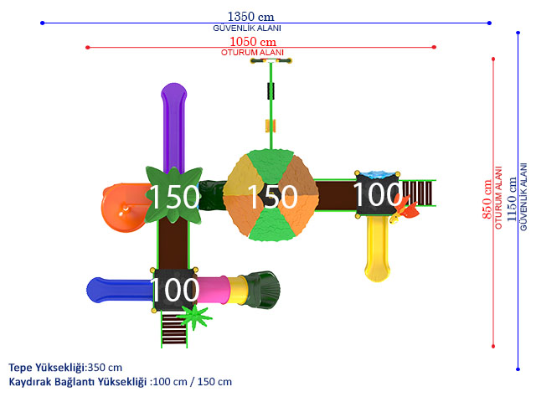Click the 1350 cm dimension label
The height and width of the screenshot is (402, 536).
(x=251, y=17)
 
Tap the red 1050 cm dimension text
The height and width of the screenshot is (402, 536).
(x=253, y=42)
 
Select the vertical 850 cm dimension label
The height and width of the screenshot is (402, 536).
(x=487, y=199)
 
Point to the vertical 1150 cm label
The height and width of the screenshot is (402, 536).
(x=512, y=199)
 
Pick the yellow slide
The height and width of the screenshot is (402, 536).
(x=378, y=248)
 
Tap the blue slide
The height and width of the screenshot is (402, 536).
(x=120, y=291)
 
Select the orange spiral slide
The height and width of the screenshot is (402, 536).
(x=125, y=208)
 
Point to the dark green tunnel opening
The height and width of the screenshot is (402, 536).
(x=262, y=290)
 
